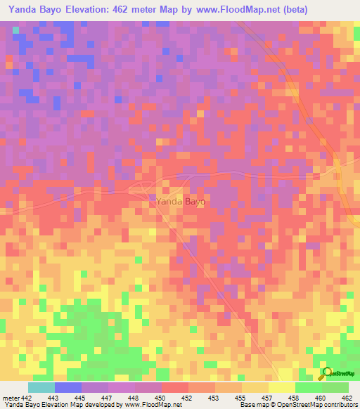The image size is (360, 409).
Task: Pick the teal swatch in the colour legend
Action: (x=41, y=388)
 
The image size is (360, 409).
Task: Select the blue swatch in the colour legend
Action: (x=67, y=388)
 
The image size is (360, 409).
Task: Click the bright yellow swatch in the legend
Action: (x=281, y=388)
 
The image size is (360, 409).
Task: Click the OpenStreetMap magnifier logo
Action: (x=327, y=372)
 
